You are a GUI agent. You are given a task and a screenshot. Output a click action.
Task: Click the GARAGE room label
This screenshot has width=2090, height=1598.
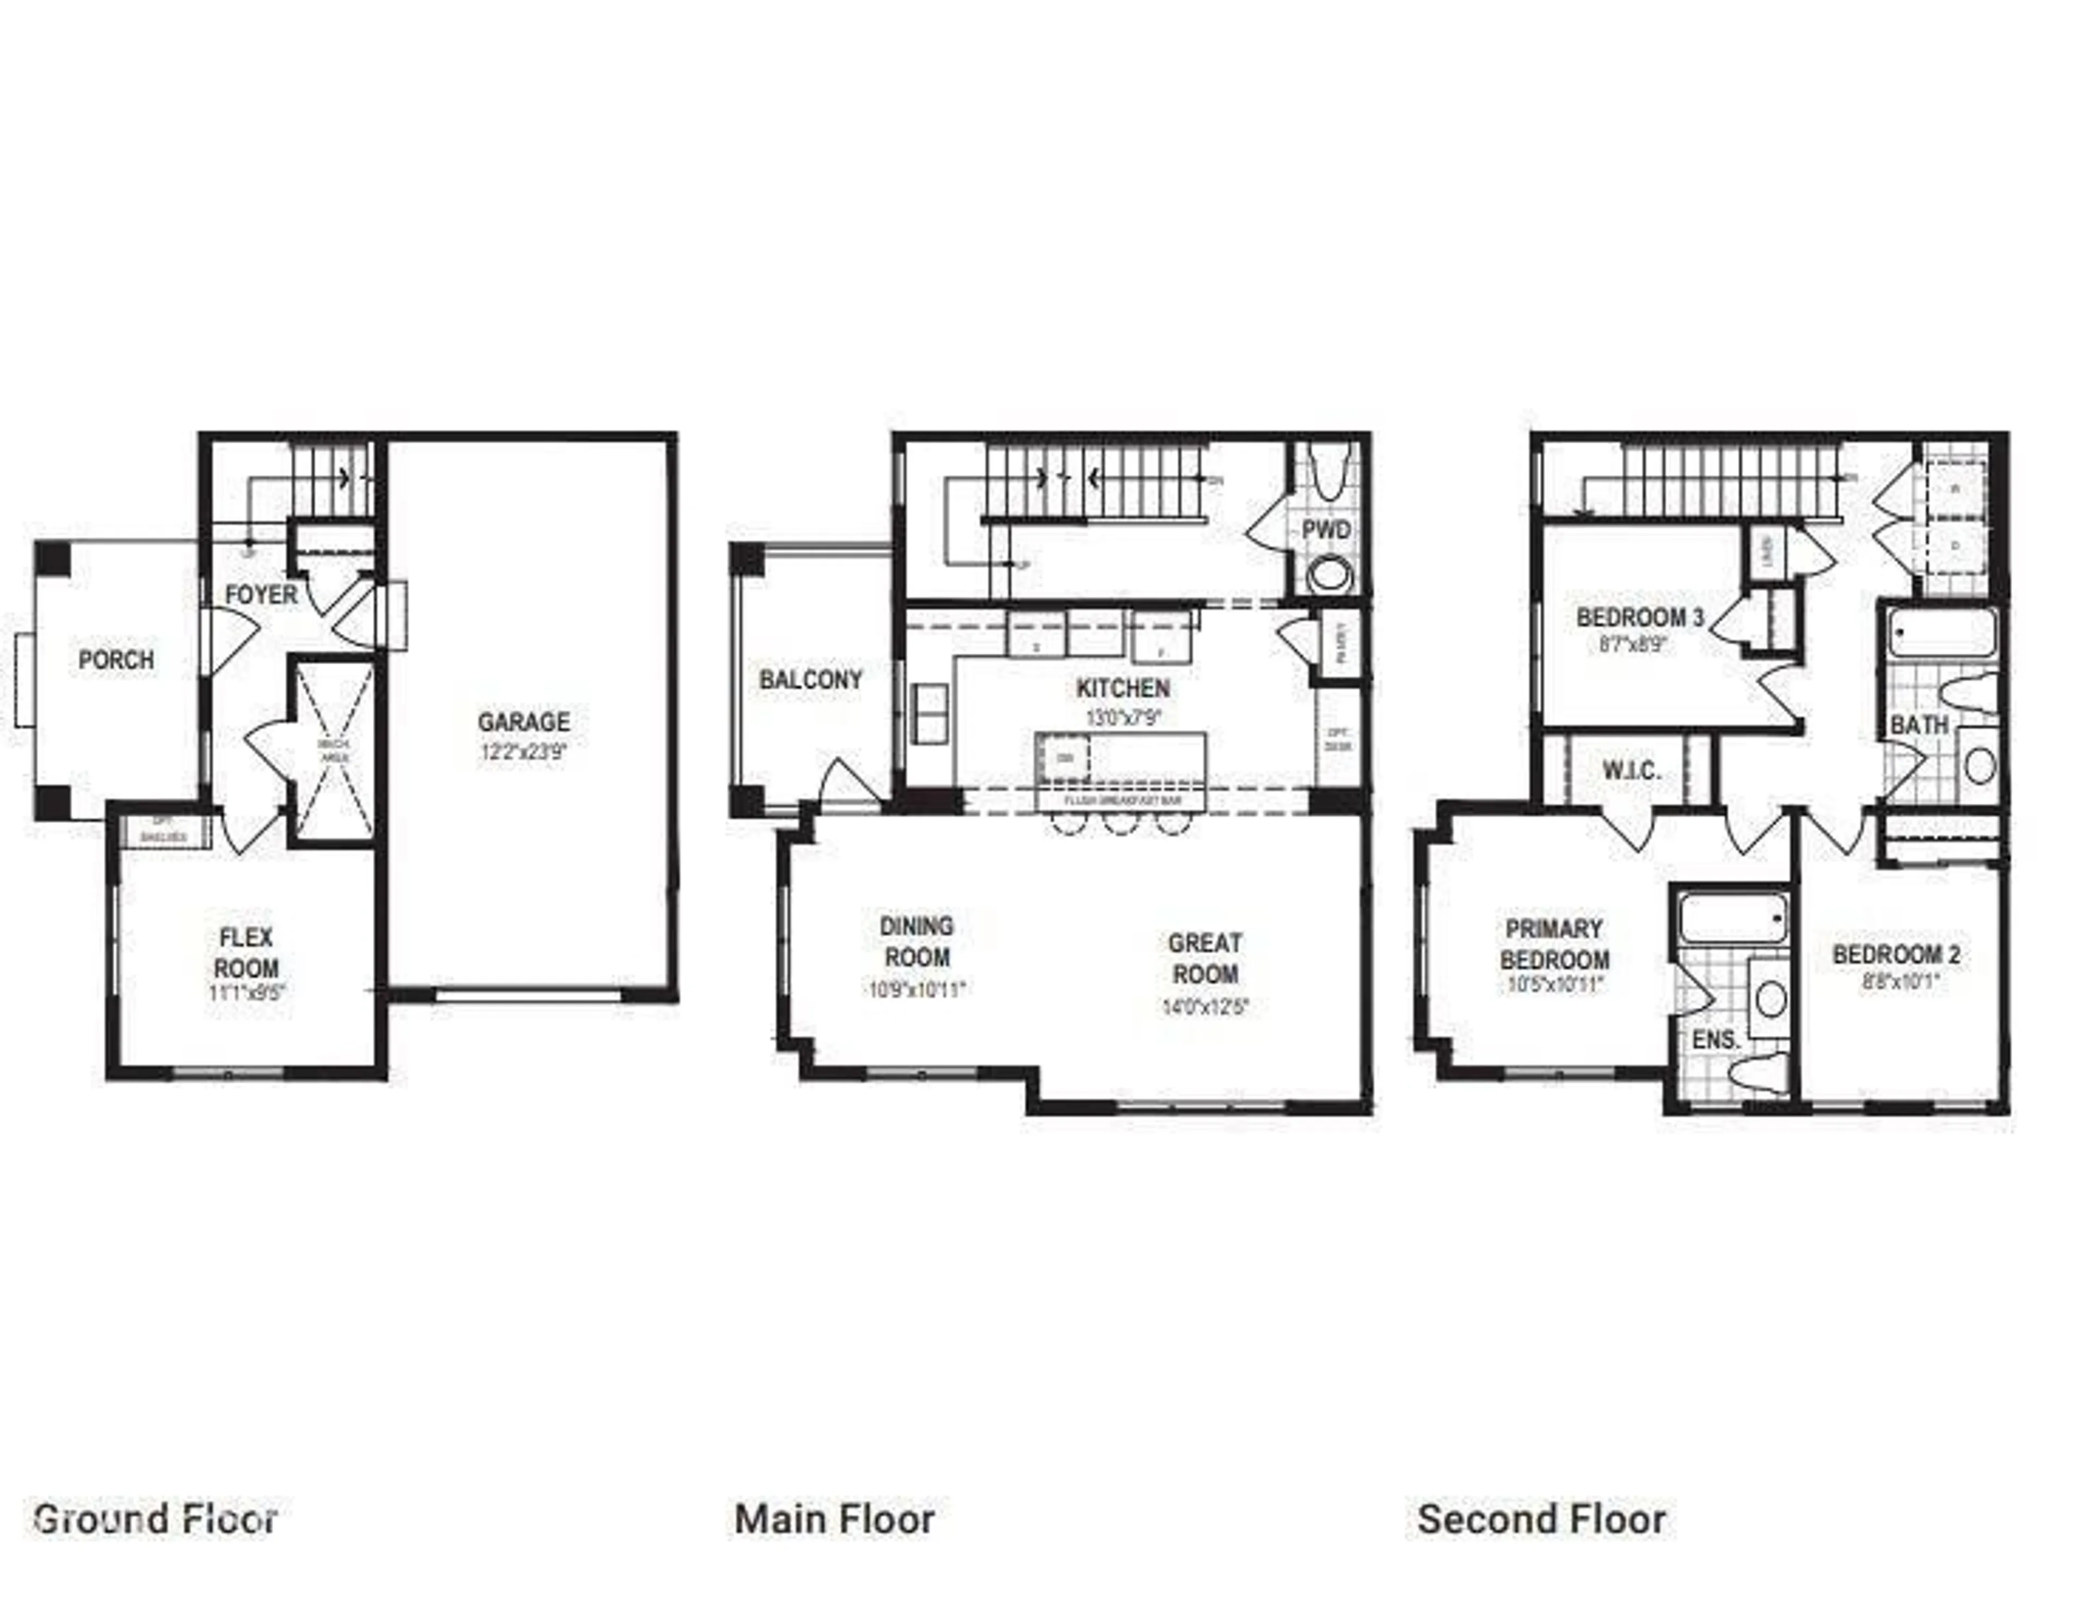(523, 722)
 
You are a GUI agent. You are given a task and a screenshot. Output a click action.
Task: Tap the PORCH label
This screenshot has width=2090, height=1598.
(116, 659)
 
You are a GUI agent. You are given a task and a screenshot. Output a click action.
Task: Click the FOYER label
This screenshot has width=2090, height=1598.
(261, 596)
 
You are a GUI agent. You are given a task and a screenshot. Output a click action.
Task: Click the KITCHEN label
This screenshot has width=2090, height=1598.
(1122, 688)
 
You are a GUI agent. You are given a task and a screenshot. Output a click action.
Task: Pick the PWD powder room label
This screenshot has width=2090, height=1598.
(1325, 530)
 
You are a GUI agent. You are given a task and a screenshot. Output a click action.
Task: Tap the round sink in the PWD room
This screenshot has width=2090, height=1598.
(1329, 574)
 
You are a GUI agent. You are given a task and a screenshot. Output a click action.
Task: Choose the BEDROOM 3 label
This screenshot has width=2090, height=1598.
(1639, 617)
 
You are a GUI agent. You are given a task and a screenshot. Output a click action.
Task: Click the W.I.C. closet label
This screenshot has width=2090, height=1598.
(1632, 770)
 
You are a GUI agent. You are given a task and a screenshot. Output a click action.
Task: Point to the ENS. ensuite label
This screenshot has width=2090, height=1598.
(1716, 1039)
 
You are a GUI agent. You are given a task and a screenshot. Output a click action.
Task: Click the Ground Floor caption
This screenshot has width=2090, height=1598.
(155, 1519)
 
